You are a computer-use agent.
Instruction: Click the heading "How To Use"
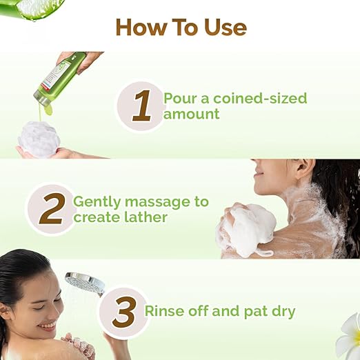pos(181,27)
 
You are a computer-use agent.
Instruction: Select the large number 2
pos(51,208)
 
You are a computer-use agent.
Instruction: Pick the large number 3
pos(123,312)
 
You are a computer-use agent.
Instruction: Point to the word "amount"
pos(192,114)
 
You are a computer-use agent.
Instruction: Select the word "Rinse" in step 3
pos(166,311)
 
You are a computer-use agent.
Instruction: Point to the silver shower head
pos(84,283)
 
